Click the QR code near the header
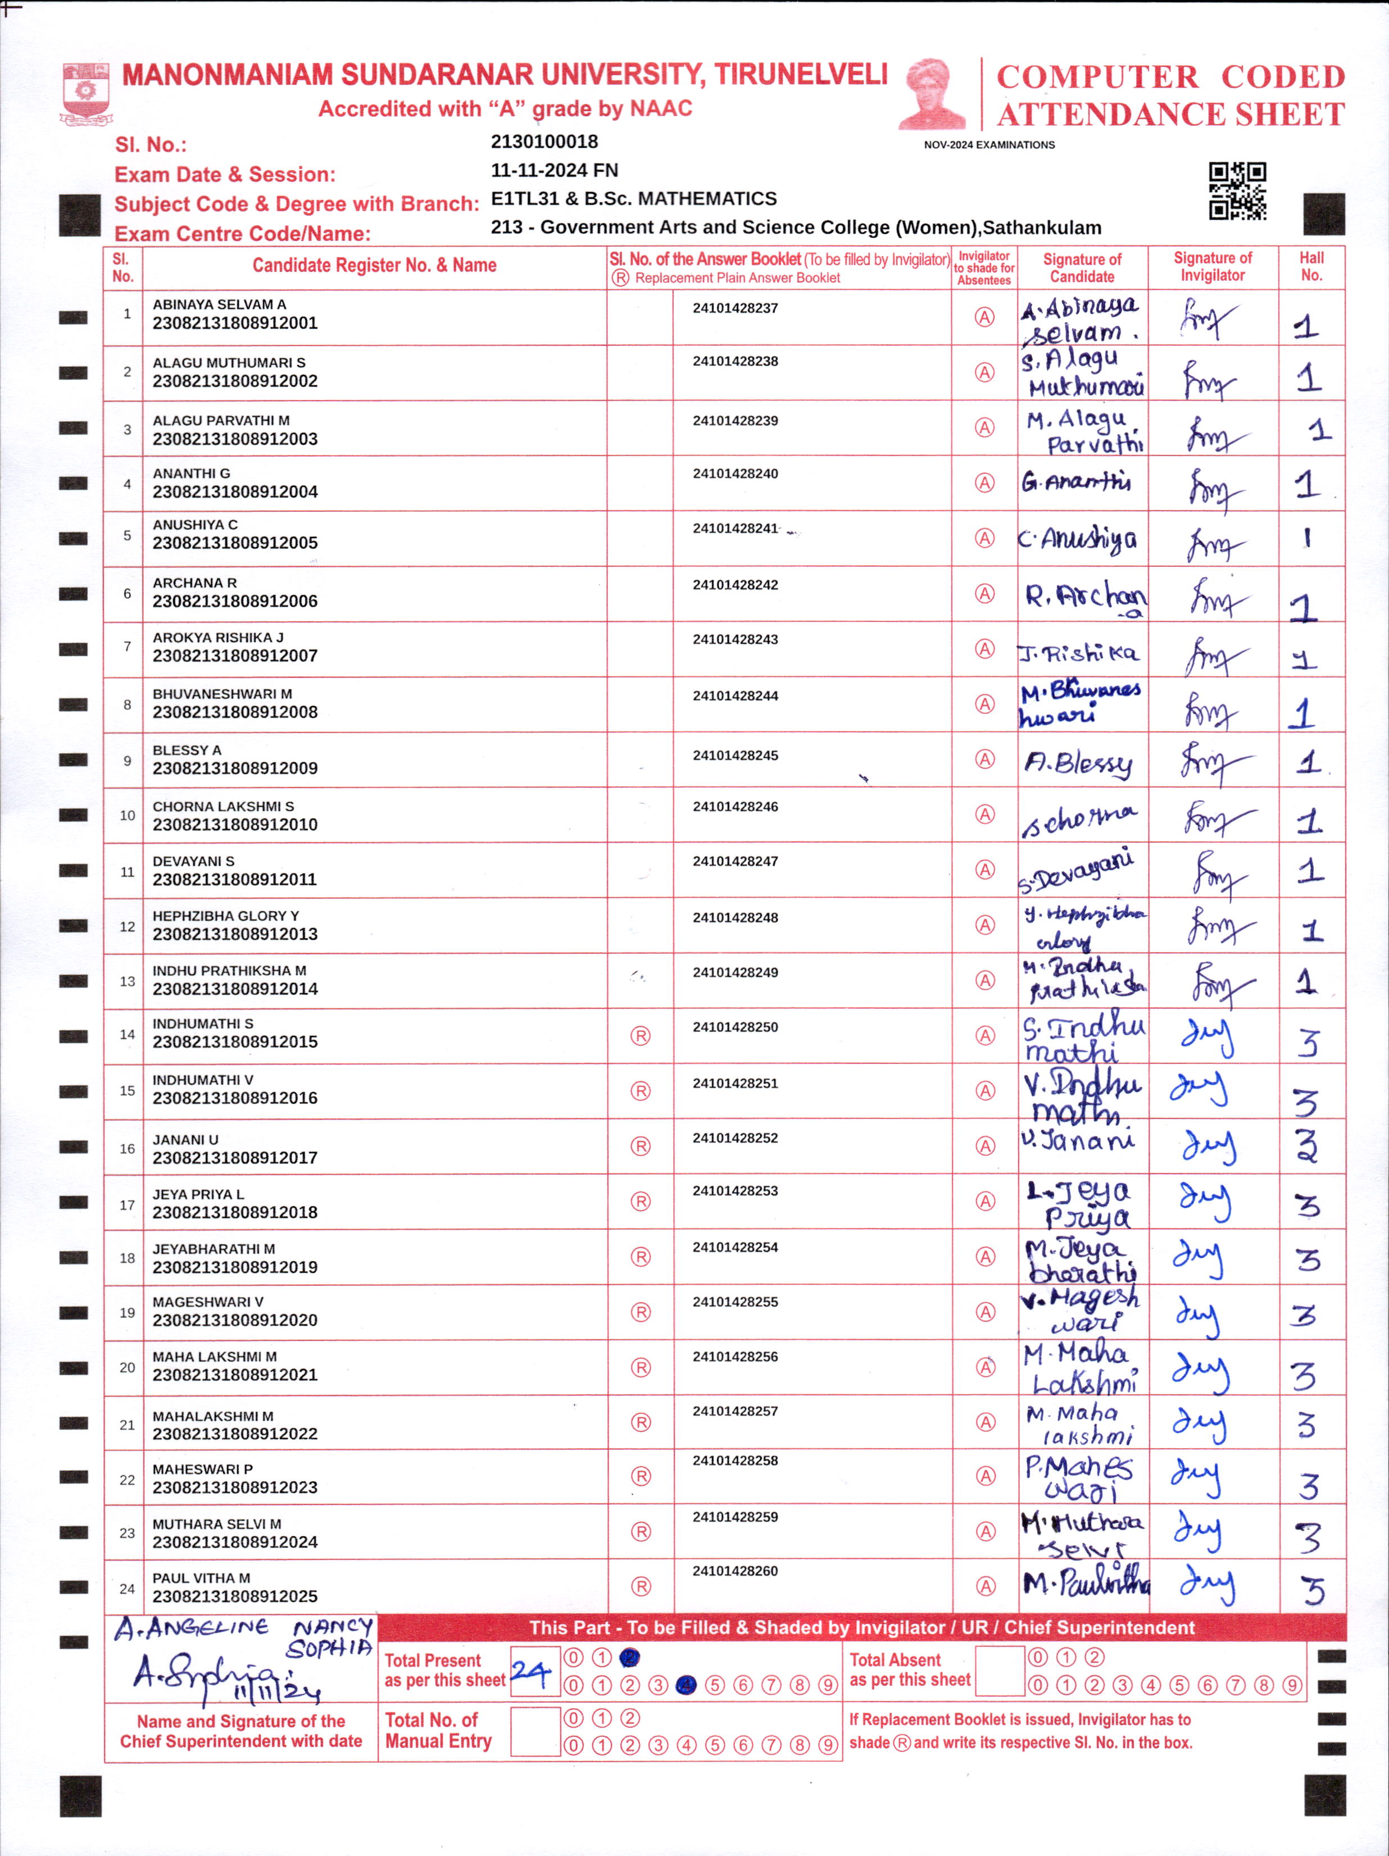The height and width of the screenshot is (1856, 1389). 1237,192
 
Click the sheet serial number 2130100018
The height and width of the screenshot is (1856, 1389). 544,142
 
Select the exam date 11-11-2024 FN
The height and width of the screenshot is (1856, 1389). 554,170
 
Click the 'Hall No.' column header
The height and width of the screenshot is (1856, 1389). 1311,267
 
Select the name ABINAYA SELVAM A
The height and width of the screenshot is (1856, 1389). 219,304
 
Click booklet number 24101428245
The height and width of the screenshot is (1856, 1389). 735,755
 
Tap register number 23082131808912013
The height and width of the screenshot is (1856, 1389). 235,934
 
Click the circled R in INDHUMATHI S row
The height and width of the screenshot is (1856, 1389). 641,1035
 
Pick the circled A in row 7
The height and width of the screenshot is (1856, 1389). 984,649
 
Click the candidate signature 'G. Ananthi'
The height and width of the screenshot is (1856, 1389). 1076,483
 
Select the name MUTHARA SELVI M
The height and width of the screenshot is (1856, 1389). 216,1524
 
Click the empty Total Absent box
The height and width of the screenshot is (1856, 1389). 1000,1671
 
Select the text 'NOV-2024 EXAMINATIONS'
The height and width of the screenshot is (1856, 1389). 989,145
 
